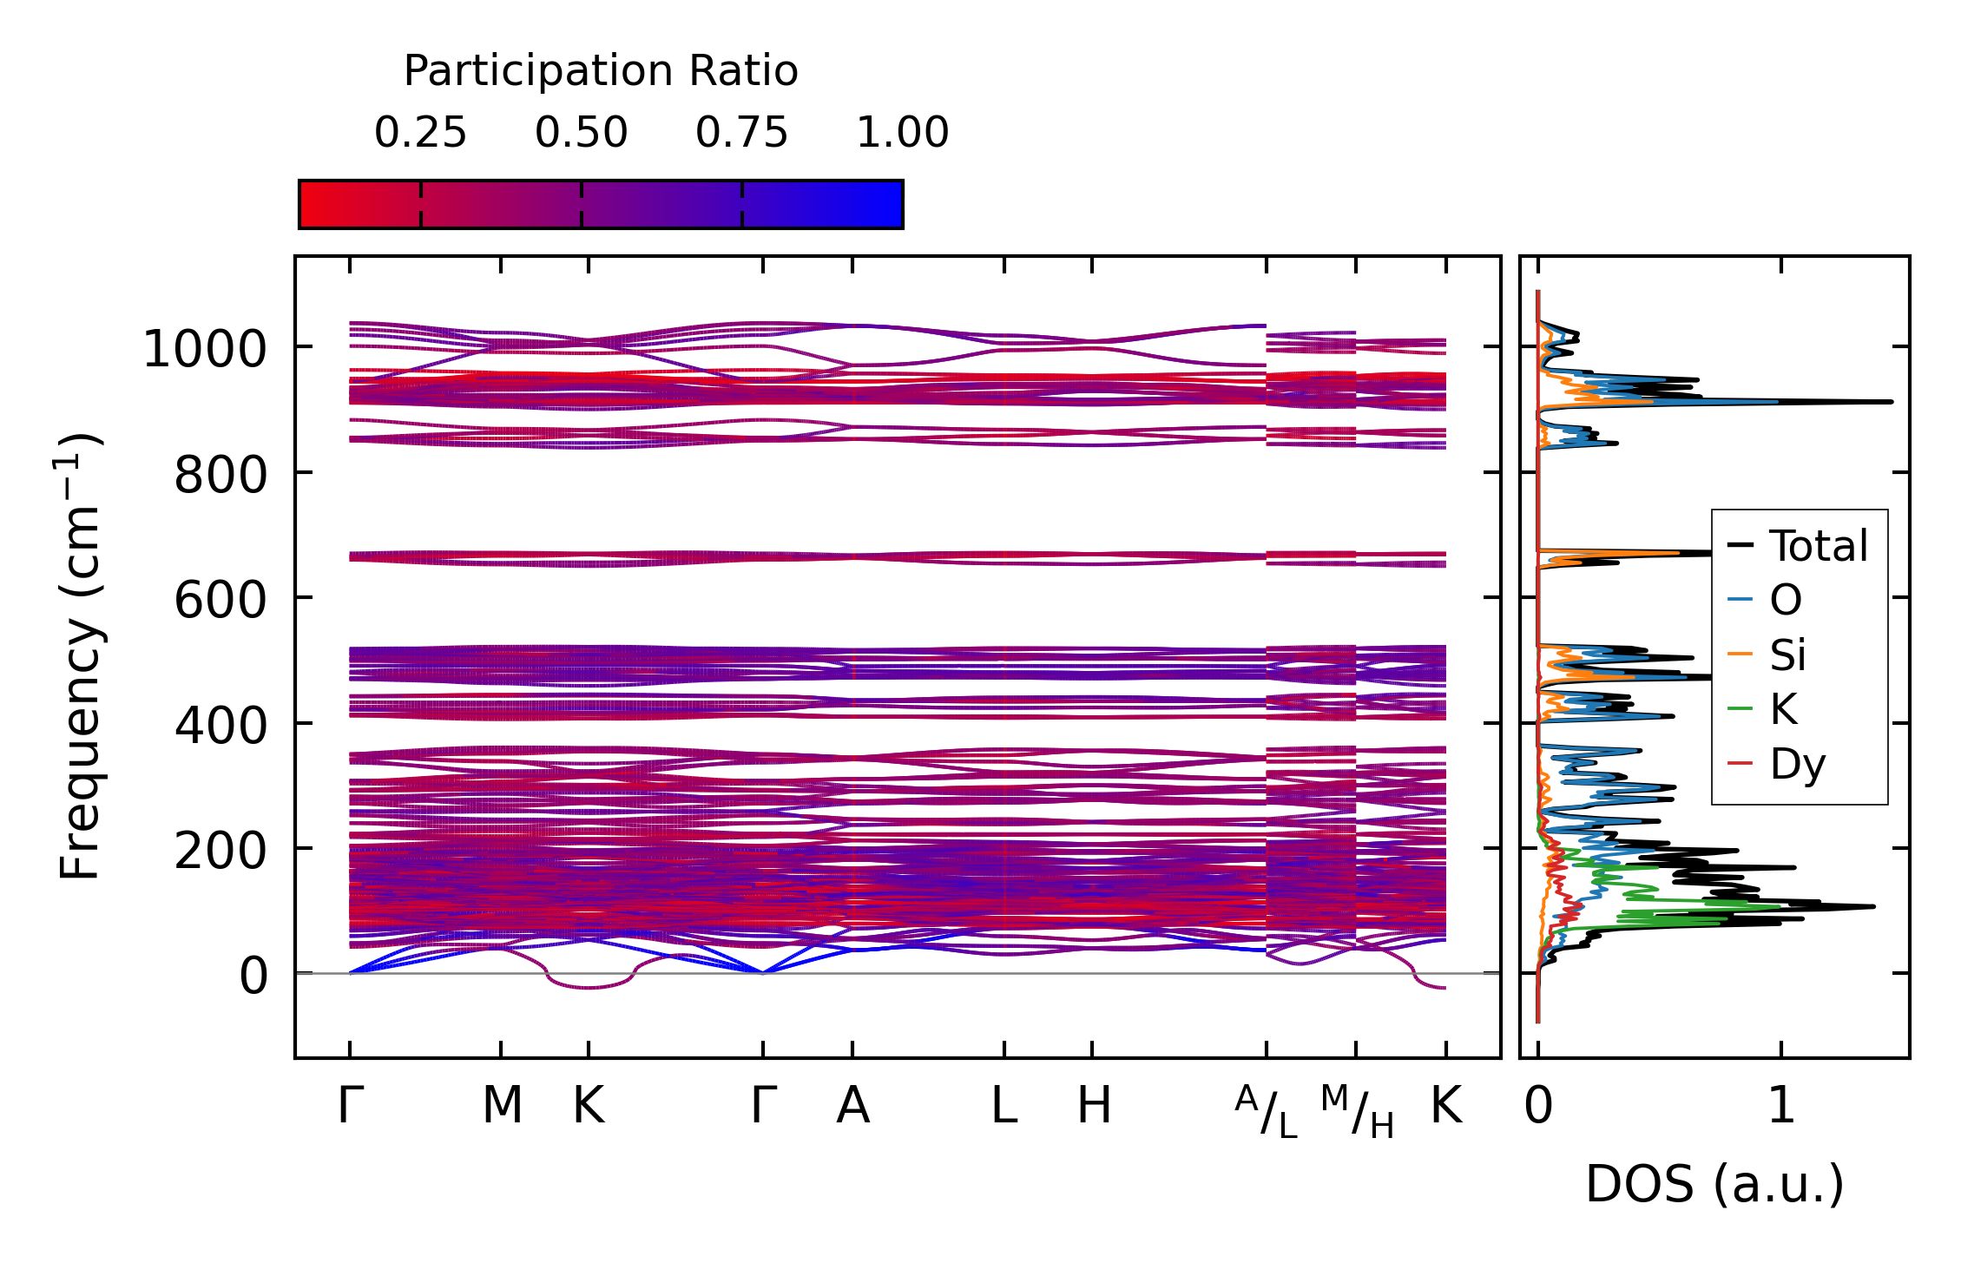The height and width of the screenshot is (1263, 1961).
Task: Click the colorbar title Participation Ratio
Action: [x=601, y=71]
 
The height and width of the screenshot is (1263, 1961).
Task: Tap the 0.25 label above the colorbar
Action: [x=420, y=134]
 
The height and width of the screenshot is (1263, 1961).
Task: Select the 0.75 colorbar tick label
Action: [x=741, y=134]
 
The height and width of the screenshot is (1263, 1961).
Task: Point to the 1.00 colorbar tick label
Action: [x=902, y=134]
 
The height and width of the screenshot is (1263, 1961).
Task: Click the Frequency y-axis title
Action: [x=80, y=657]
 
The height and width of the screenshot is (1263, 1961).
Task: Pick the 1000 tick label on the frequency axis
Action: [x=205, y=351]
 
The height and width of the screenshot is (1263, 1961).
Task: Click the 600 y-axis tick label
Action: [x=220, y=601]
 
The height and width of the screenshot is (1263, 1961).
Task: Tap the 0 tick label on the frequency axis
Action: [x=253, y=977]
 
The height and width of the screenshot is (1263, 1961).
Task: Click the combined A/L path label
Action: [x=1266, y=1111]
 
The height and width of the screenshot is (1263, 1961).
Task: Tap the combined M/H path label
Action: [x=1357, y=1111]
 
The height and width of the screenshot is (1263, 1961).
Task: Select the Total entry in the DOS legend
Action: [x=1818, y=546]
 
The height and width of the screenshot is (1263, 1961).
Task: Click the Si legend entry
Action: [x=1787, y=655]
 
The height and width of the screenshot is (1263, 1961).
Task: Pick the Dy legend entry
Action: [x=1797, y=765]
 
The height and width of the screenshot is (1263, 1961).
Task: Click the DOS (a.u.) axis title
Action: [x=1714, y=1185]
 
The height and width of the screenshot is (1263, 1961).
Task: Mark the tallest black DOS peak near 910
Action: [x=1889, y=402]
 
